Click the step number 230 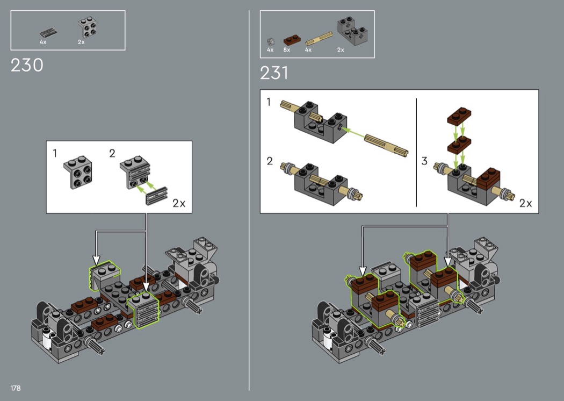tap(27, 65)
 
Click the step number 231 tap(274, 73)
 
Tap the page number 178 tap(16, 388)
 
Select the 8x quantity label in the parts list tap(287, 50)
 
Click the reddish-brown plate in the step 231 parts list tap(292, 39)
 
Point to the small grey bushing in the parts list tap(271, 42)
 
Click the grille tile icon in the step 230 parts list tap(48, 33)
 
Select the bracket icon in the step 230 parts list tap(88, 27)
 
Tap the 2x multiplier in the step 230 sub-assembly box tap(179, 203)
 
